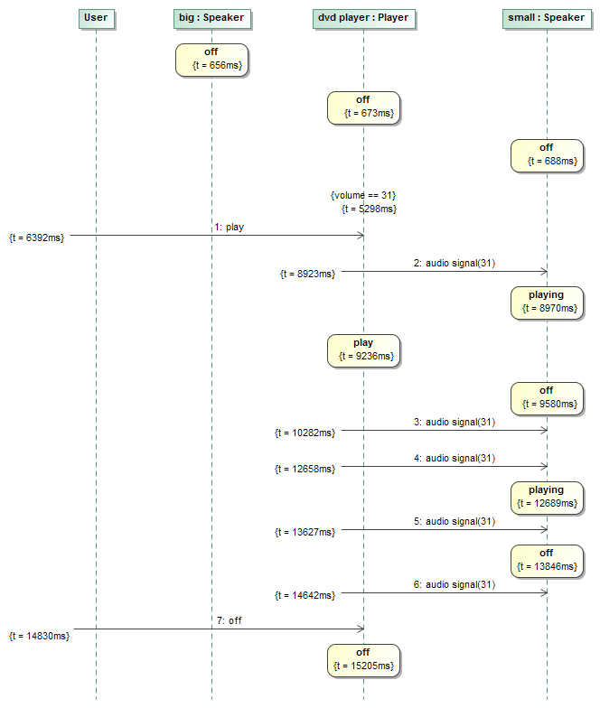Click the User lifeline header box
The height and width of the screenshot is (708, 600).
[95, 17]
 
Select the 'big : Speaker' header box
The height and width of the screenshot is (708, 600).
[211, 17]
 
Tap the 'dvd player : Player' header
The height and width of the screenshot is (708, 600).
[363, 17]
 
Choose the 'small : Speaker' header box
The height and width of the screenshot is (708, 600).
[547, 17]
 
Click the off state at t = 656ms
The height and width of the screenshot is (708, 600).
[211, 59]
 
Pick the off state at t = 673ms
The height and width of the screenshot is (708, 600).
[363, 107]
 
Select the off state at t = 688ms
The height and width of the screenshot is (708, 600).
[547, 154]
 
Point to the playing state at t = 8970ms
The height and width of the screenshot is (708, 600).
[547, 302]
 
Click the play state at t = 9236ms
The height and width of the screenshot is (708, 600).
[363, 349]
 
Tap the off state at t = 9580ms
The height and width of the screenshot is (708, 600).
[547, 396]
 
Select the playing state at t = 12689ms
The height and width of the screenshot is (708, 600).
[547, 496]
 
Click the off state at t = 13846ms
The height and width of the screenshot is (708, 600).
[547, 560]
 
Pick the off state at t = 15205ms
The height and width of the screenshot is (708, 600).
[363, 658]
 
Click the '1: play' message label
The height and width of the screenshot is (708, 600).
[229, 228]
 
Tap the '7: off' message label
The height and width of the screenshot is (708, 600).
[229, 620]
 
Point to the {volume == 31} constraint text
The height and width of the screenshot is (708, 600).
[363, 195]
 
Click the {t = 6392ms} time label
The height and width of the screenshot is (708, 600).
[37, 238]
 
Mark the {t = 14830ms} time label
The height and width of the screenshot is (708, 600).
[39, 636]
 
